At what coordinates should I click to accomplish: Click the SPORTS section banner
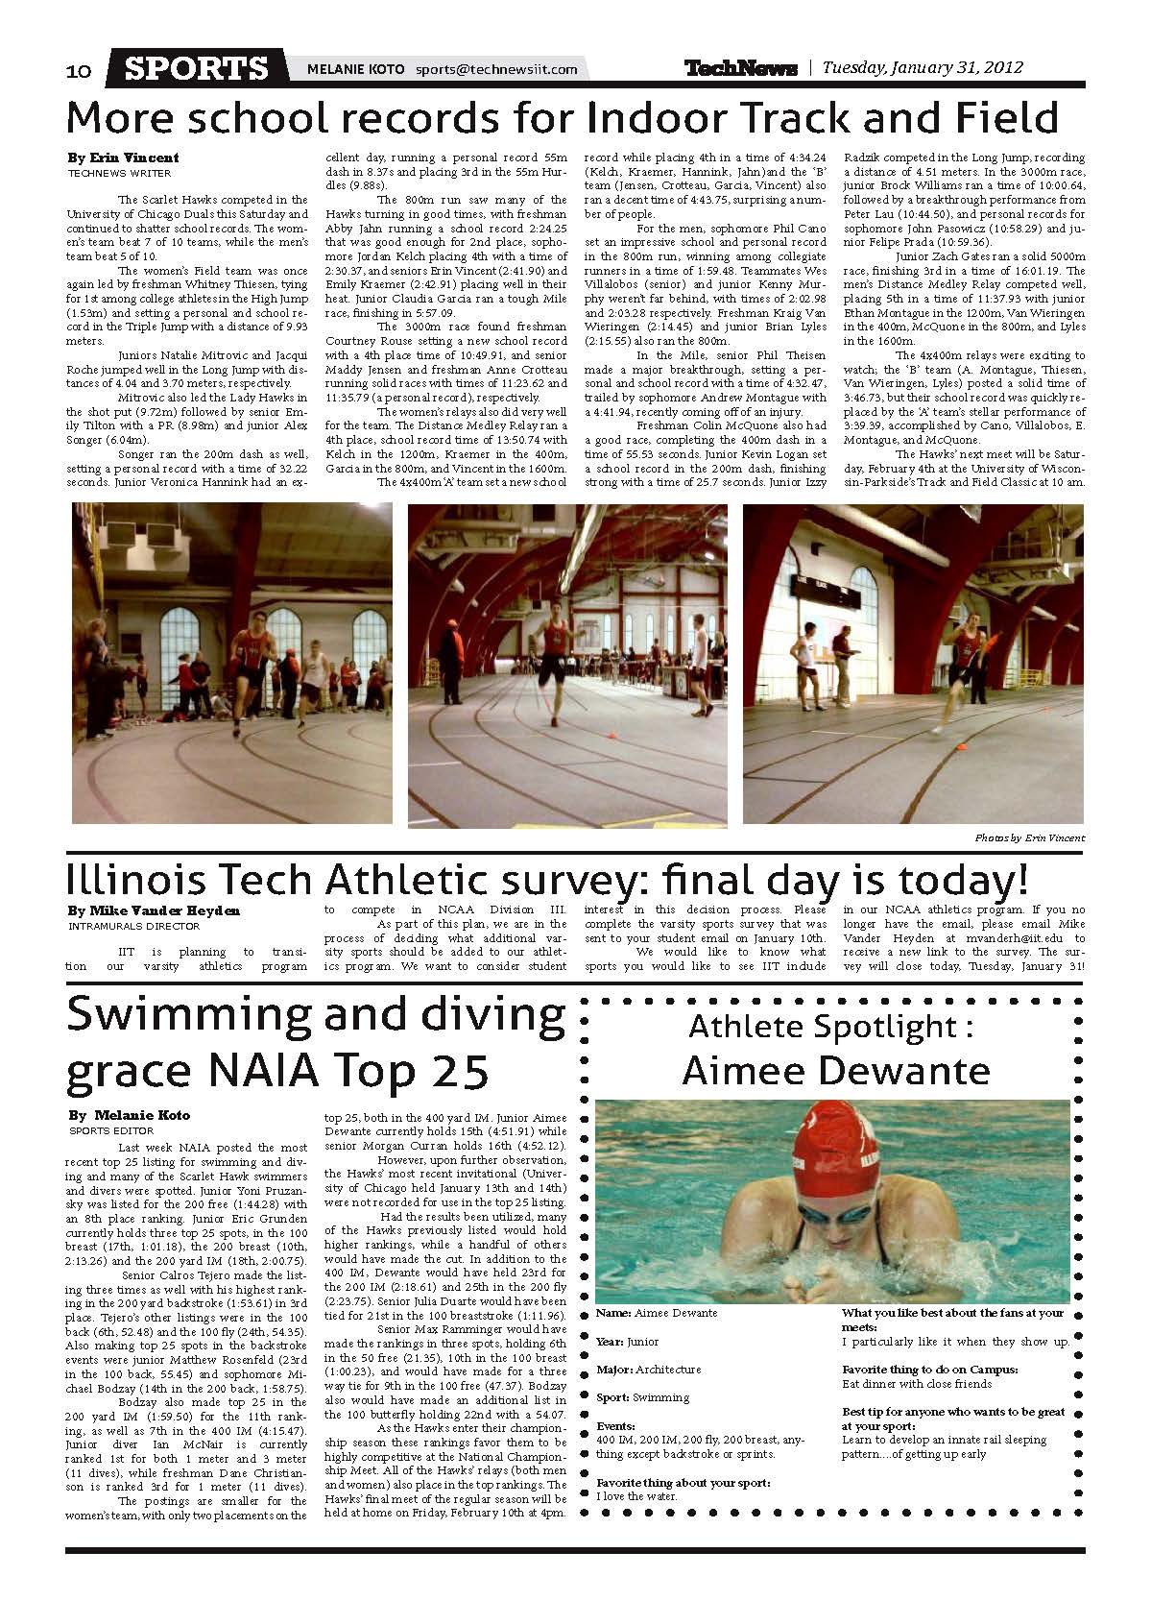coord(198,68)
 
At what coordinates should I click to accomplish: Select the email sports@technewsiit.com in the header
coord(496,69)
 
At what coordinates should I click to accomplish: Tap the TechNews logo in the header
coord(740,68)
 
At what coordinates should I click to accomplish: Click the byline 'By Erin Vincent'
coord(123,158)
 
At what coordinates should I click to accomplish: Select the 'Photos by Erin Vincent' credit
coord(1029,838)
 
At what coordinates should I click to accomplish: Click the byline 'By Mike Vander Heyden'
coord(154,910)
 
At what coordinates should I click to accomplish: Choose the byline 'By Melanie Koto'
coord(130,1115)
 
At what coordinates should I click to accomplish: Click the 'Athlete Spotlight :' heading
coord(831,1027)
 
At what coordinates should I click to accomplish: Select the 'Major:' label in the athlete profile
coord(611,1370)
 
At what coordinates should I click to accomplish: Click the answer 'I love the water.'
coord(637,1496)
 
